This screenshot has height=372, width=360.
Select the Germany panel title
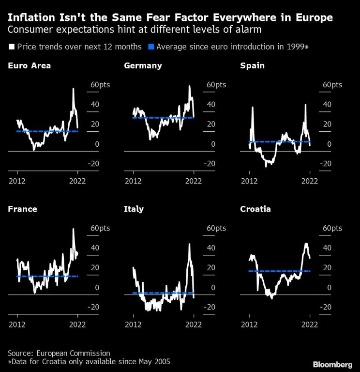pos(143,65)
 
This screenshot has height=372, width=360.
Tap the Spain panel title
pos(252,65)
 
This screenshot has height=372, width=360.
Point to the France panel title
pos(22,209)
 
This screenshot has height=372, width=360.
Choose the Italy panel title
pos(134,209)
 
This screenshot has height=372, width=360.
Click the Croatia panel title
pos(255,209)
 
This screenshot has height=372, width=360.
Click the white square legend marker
pos(11,47)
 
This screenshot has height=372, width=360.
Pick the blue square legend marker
pos(151,47)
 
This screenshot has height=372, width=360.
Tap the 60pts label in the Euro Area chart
pos(99,84)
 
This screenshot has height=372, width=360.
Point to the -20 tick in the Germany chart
pos(209,164)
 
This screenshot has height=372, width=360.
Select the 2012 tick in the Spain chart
pos(249,182)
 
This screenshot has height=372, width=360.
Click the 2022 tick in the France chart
pos(78,325)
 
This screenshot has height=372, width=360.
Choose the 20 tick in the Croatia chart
pos(327,267)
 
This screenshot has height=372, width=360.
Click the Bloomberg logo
pos(332,364)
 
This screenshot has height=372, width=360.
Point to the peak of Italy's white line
pos(189,244)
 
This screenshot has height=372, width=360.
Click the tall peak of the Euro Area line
pos(74,89)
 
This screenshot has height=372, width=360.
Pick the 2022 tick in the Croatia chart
pos(310,325)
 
